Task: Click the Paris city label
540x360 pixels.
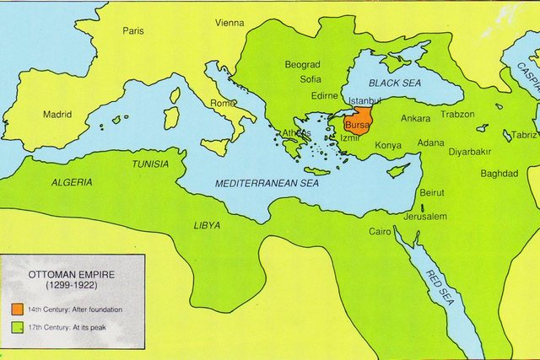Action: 133,30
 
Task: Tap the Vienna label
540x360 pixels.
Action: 229,23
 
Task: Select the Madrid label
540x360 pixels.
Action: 57,114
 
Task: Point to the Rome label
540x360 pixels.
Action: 223,103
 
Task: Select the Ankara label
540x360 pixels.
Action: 415,118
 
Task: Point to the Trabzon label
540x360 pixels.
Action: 458,114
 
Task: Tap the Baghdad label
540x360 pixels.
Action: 499,173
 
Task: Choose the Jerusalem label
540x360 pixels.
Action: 426,216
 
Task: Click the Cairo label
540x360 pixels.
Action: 380,231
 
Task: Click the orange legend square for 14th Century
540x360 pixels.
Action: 18,309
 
